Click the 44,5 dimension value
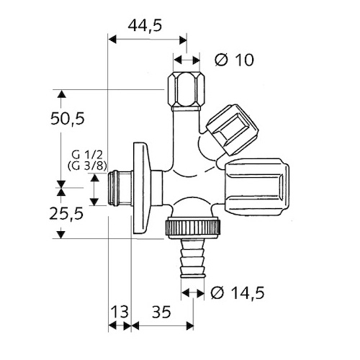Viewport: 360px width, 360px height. [x=145, y=25]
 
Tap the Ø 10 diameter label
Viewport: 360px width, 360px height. [x=234, y=60]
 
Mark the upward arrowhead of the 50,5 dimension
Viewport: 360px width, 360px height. [x=61, y=94]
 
